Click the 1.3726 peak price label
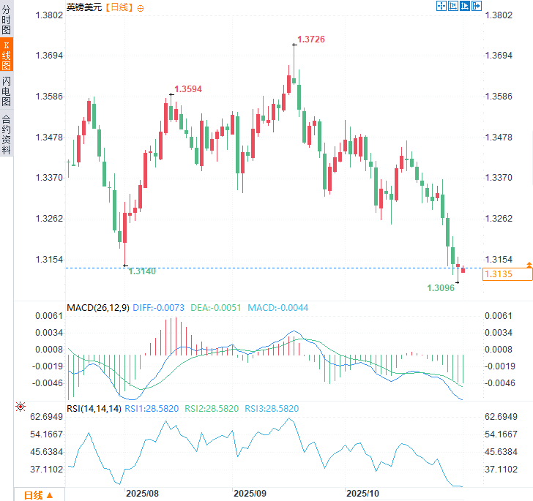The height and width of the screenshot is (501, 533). click(x=310, y=38)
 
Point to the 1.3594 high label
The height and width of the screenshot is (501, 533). click(x=187, y=88)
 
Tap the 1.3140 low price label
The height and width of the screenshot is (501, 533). click(x=142, y=271)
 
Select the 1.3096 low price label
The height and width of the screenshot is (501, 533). click(x=441, y=288)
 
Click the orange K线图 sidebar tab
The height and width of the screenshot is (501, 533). click(x=7, y=55)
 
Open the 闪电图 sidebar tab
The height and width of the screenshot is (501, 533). click(x=7, y=91)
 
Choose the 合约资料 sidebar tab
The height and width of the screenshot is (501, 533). click(x=7, y=134)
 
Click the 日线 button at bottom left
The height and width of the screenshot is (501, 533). click(x=37, y=494)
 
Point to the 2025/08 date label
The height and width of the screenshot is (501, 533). click(x=143, y=493)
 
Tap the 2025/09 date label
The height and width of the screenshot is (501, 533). click(x=250, y=493)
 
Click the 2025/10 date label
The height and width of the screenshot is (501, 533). click(x=362, y=493)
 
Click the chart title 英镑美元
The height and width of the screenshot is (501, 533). click(x=84, y=7)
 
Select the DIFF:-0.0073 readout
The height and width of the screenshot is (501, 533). click(x=160, y=307)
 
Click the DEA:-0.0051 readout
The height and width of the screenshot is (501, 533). click(x=215, y=307)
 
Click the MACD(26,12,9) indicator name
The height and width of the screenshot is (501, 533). click(x=97, y=307)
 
